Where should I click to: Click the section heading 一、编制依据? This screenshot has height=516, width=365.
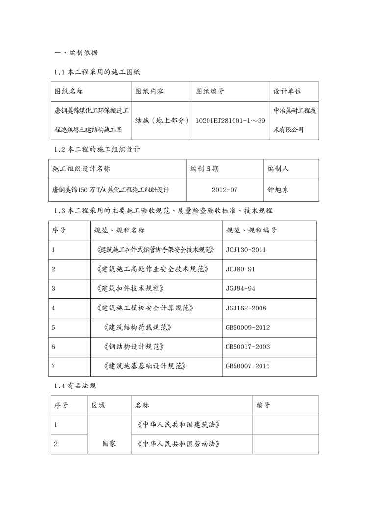pos(78,52)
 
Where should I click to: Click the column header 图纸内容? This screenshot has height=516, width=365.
pos(150,91)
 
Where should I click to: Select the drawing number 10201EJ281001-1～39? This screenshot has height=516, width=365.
pos(230,120)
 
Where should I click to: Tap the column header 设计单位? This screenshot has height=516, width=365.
pos(287,91)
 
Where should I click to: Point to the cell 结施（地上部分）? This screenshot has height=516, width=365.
pos(162,120)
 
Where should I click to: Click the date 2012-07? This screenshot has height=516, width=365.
pos(225,189)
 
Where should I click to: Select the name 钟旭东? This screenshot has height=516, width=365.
pos(278,189)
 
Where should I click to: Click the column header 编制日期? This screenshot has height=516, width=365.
pos(205,169)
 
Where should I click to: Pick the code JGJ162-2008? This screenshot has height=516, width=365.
pos(246,308)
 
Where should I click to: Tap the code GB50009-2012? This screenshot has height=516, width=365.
pos(247,327)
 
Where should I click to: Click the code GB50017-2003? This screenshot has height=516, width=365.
pos(247,346)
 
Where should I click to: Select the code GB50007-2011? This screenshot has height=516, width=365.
pos(247,366)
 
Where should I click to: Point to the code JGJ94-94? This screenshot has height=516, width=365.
pos(240,288)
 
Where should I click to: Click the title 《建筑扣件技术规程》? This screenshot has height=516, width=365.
pos(130,288)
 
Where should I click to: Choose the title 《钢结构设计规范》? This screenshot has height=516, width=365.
pos(134,346)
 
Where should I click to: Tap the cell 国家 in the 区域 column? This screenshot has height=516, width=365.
pos(109,444)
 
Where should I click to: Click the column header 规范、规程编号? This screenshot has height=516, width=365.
pos(251,230)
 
